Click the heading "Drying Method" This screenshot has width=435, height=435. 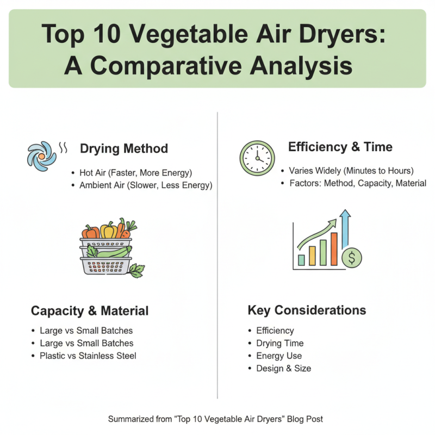click(x=124, y=148)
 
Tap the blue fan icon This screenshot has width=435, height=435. click(x=42, y=154)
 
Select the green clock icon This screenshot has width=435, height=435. click(x=257, y=158)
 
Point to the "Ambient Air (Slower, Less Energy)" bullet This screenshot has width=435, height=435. click(x=146, y=185)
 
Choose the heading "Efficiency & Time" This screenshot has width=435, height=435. click(x=340, y=147)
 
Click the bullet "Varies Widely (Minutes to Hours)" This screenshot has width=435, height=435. click(x=351, y=170)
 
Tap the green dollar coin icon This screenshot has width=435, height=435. click(x=352, y=258)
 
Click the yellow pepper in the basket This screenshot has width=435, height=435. click(x=108, y=230)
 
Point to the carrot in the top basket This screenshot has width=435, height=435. click(x=121, y=229)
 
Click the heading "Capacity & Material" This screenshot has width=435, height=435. click(x=90, y=311)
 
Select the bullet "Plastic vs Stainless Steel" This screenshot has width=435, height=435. click(x=88, y=356)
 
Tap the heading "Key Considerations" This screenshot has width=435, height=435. click(x=307, y=310)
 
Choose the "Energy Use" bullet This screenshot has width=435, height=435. click(x=279, y=356)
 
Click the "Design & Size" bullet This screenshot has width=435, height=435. click(x=284, y=369)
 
